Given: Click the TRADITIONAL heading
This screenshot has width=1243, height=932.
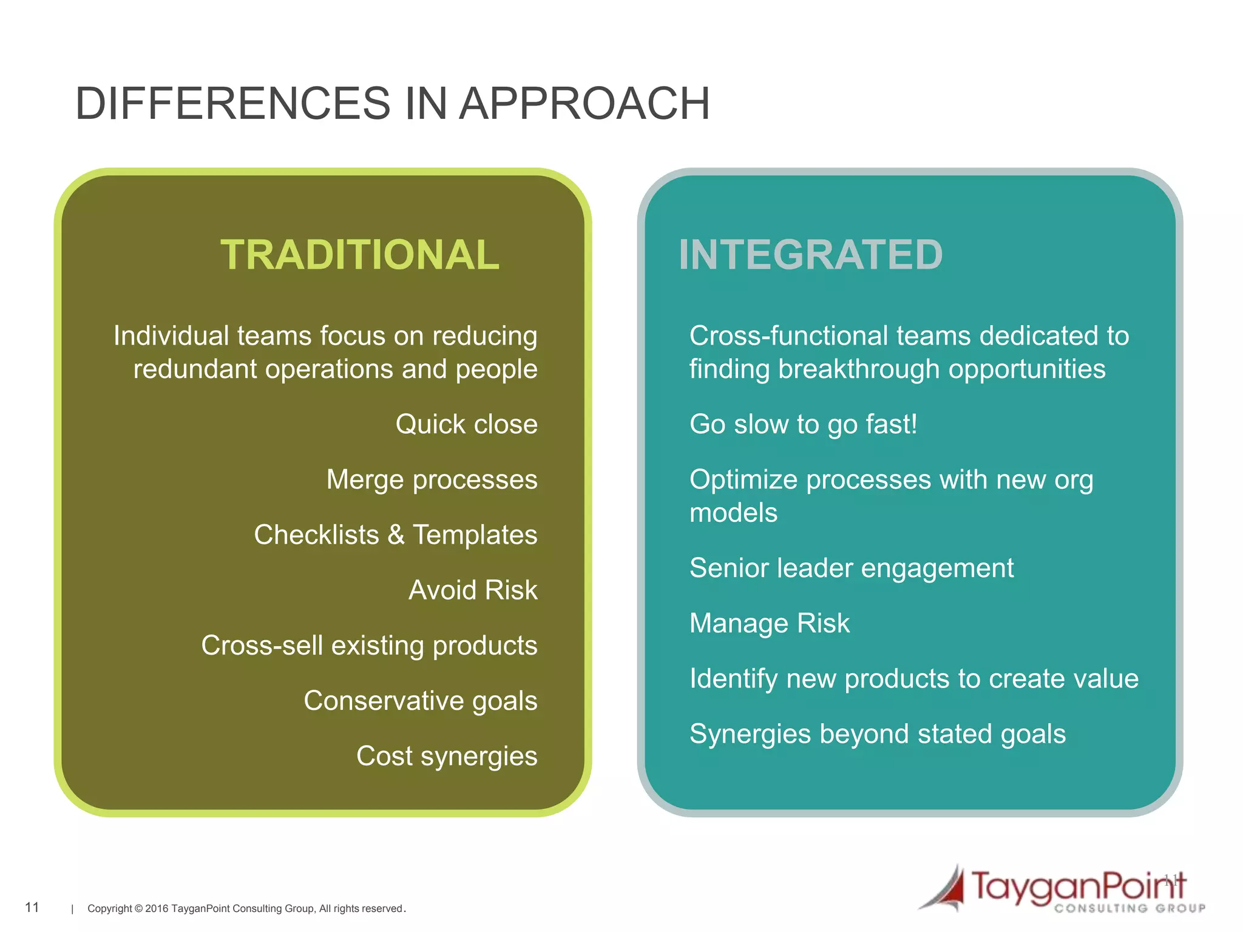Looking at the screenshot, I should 360,255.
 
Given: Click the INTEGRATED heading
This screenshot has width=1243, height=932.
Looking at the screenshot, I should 810,255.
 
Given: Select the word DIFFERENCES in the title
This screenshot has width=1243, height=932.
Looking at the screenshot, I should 232,104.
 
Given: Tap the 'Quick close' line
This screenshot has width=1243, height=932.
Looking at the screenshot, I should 466,424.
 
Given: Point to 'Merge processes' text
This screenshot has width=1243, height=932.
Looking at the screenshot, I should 432,480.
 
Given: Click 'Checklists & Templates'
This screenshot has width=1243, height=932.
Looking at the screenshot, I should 395,535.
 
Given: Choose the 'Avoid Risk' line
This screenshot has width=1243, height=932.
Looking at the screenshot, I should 473,590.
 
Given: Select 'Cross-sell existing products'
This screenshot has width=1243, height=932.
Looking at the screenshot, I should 369,646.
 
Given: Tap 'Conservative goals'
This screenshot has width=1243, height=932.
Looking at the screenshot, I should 420,701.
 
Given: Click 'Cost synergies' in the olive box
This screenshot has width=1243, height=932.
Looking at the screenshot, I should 446,756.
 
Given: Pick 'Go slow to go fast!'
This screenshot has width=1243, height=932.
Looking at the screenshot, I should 803,424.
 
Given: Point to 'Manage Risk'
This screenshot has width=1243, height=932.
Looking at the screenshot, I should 769,624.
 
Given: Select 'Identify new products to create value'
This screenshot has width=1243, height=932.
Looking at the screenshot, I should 913,679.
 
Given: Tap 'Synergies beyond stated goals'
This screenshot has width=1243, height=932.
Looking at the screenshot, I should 877,734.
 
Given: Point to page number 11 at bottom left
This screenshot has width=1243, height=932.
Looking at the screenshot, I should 32,907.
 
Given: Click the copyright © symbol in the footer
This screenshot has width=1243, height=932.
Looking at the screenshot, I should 138,909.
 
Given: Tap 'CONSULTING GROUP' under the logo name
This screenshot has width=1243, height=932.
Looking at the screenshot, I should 1129,908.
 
